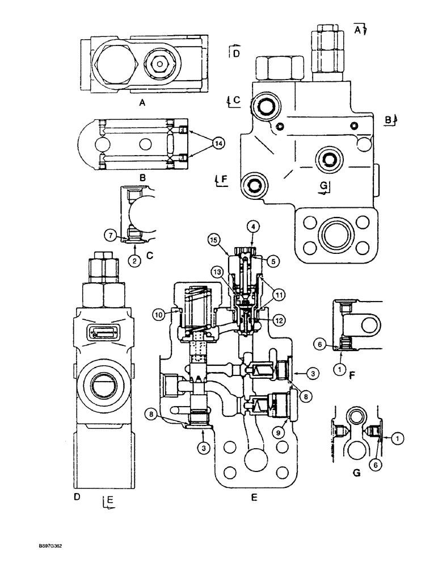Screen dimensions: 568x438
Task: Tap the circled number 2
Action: tap(135, 261)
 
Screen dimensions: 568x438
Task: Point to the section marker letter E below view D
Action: tap(109, 500)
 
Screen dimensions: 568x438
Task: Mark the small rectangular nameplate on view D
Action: tap(103, 334)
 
